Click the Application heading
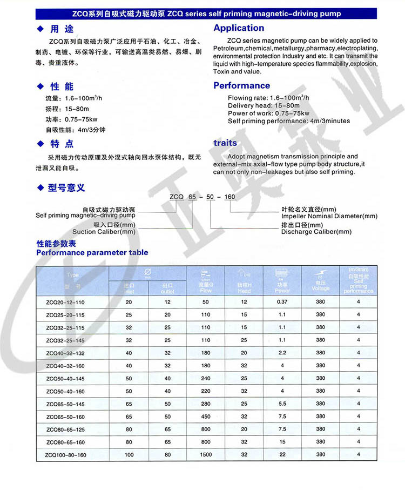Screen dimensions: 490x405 tap(239, 28)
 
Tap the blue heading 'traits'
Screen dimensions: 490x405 tap(225, 143)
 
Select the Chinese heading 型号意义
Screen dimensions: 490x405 tap(66, 188)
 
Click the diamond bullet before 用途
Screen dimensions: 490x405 tap(39, 29)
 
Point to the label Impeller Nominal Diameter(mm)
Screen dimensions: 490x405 tap(329, 216)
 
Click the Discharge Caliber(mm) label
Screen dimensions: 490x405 tap(316, 232)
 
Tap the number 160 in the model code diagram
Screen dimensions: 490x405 tap(230, 197)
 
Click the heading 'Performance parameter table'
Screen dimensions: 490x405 tap(92, 252)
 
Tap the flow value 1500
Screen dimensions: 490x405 tap(206, 455)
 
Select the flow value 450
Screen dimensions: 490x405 tap(206, 417)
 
